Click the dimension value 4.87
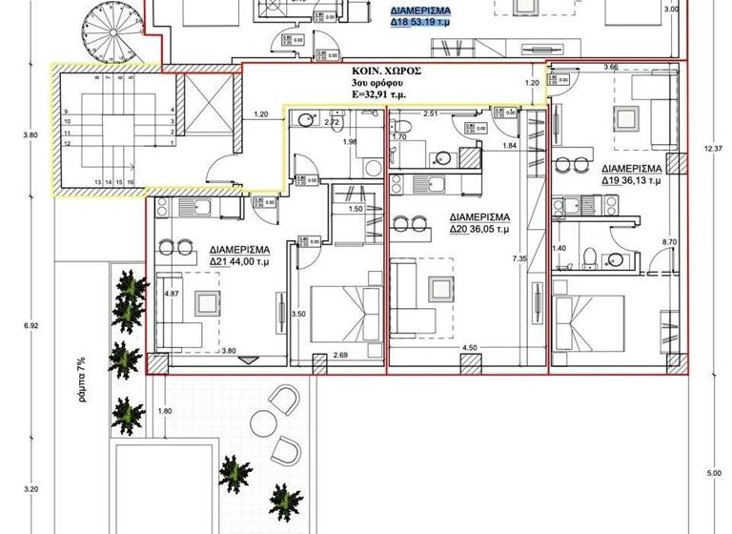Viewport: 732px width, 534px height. click(x=173, y=293)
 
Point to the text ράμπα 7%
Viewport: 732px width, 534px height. click(x=83, y=380)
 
